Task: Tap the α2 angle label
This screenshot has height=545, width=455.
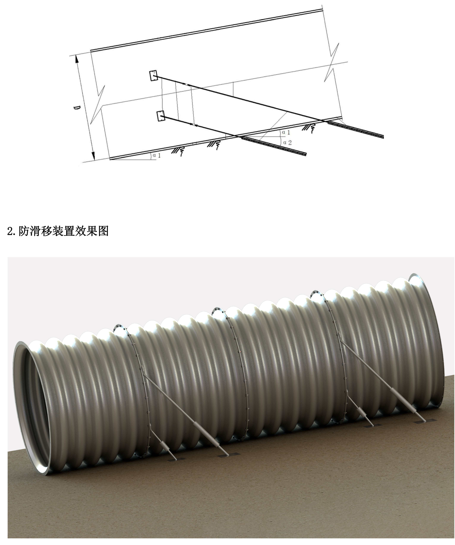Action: coord(287,142)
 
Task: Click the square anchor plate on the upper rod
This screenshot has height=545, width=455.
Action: coord(153,75)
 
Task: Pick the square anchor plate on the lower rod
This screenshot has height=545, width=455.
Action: coord(160,116)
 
